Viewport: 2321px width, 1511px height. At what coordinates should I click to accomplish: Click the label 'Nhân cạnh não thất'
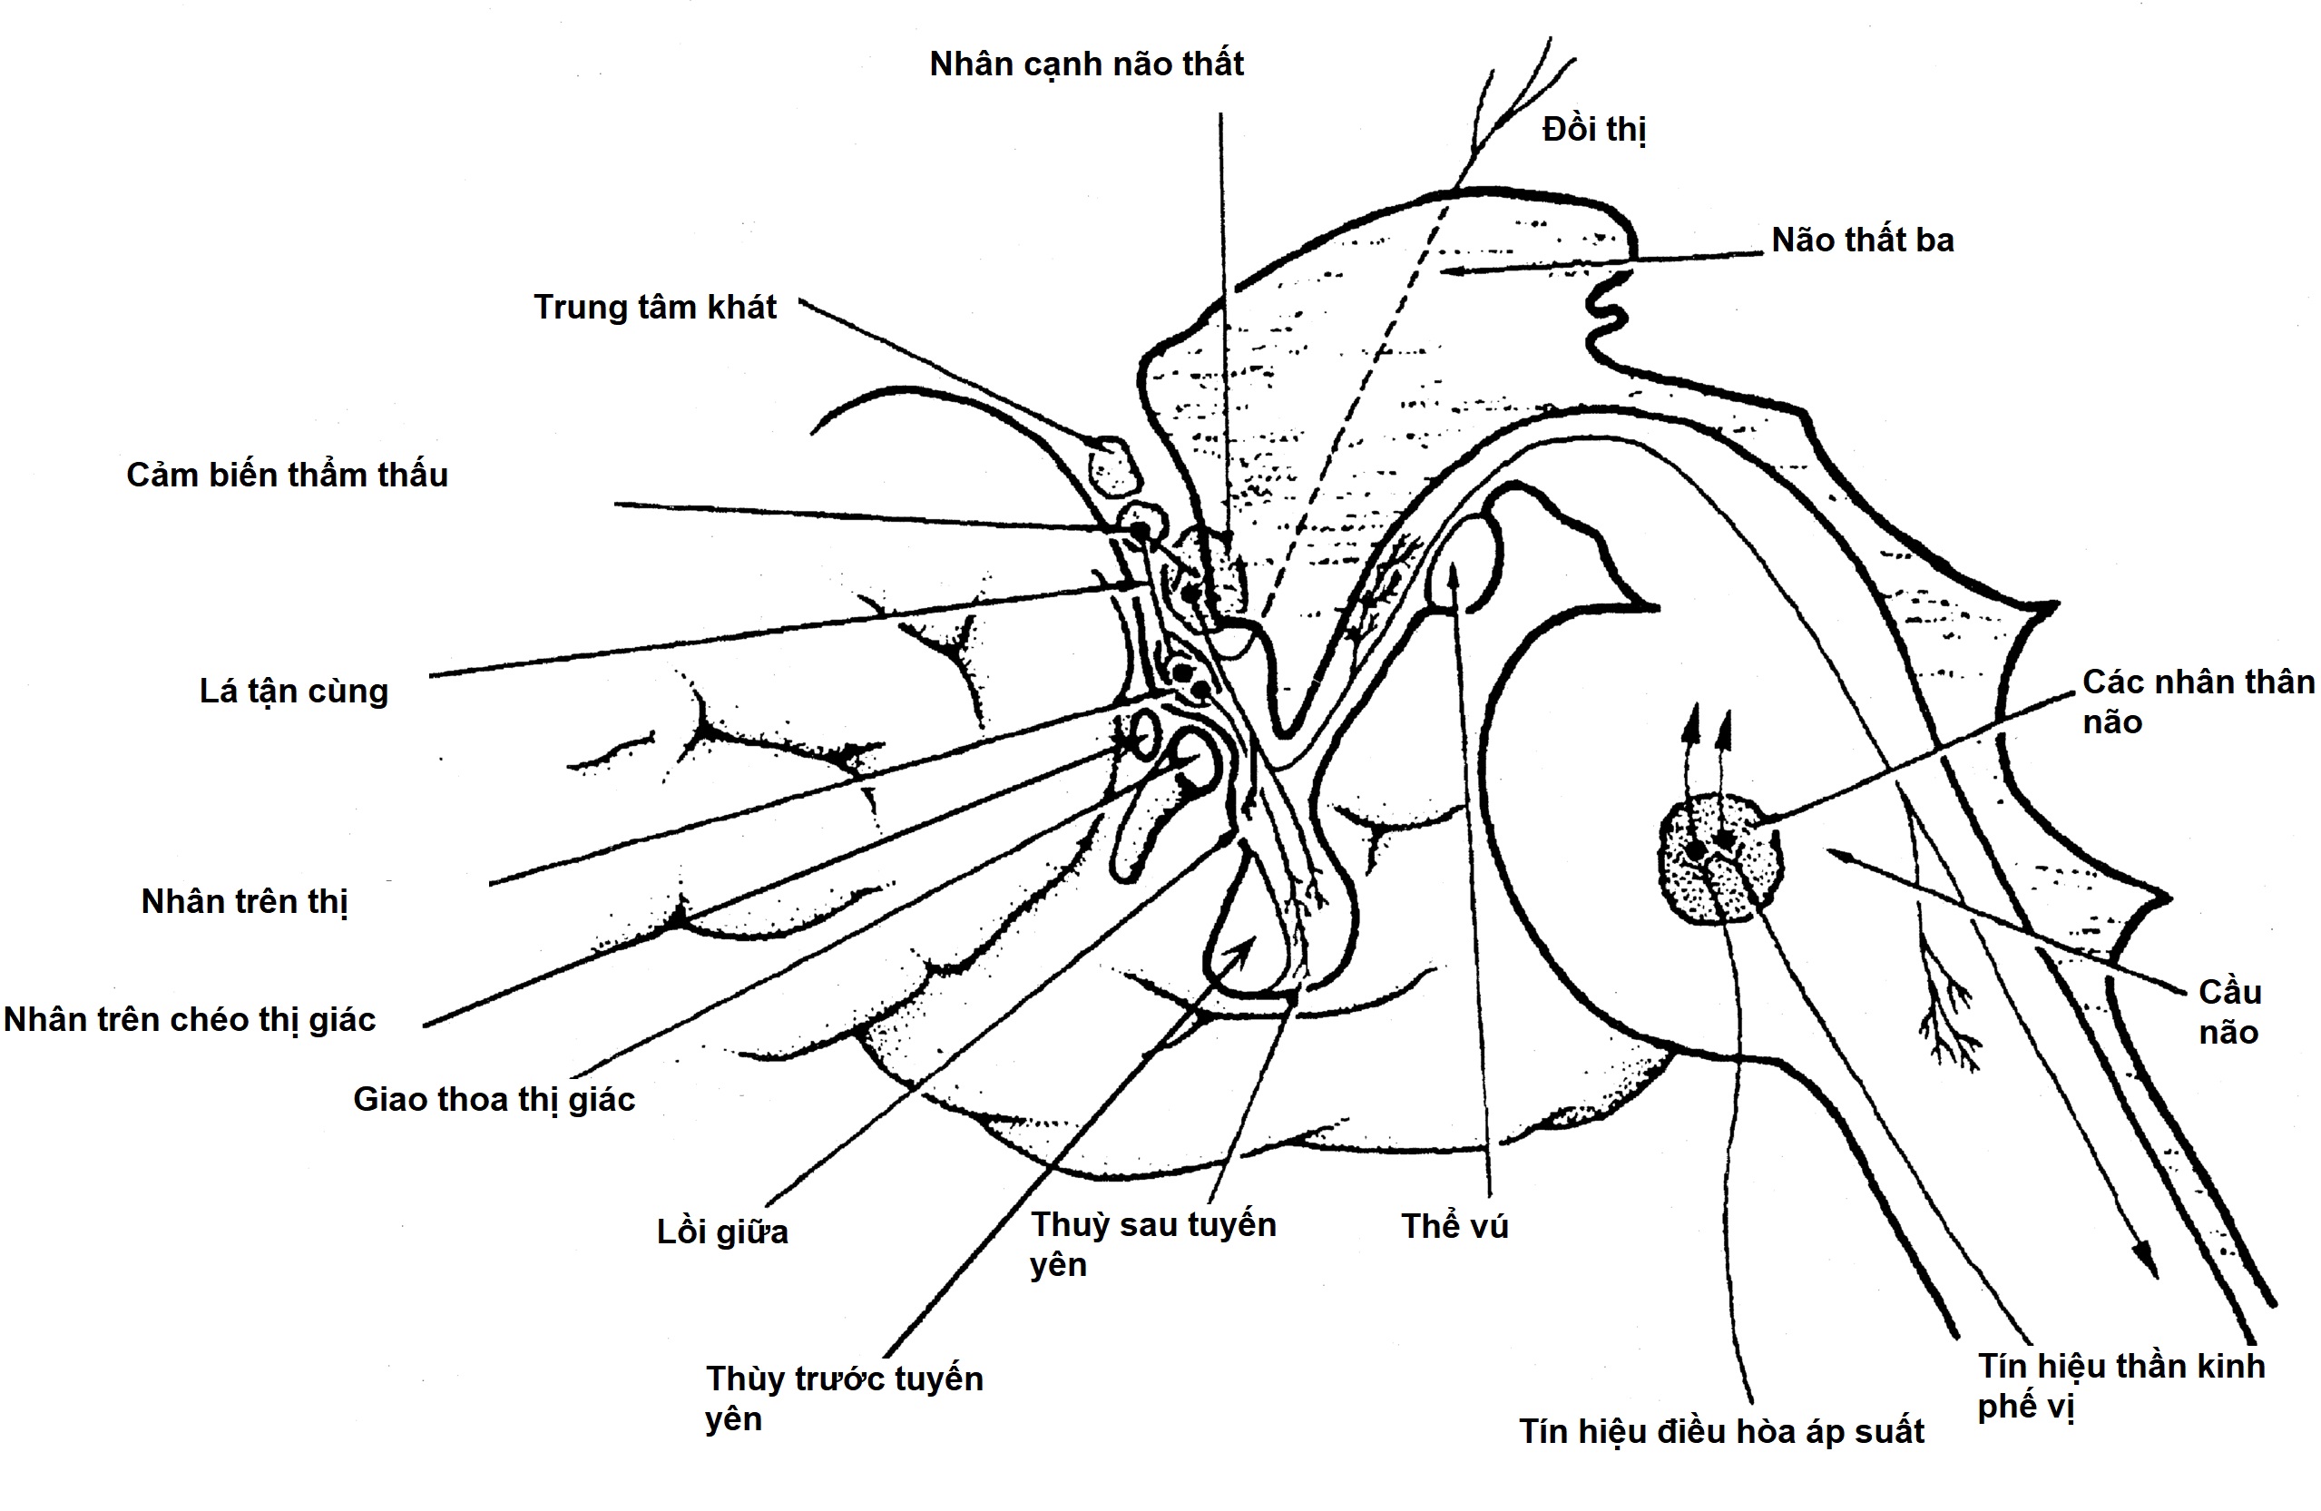tap(1086, 64)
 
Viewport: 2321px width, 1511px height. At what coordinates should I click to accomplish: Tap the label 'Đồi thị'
tap(1593, 129)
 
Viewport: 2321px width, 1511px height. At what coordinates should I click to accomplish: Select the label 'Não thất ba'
tap(1862, 240)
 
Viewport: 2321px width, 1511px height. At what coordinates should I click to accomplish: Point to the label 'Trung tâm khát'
tap(654, 308)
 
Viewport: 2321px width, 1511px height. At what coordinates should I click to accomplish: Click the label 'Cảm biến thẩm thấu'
tap(287, 475)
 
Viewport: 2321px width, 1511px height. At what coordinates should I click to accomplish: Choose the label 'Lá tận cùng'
tap(294, 692)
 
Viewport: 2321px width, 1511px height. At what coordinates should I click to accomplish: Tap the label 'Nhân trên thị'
tap(244, 901)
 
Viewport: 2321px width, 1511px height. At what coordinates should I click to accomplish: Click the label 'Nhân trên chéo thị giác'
tap(190, 1019)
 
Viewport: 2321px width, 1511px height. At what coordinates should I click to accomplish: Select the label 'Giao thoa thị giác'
tap(494, 1099)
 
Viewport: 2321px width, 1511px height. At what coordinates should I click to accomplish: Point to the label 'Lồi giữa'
tap(721, 1232)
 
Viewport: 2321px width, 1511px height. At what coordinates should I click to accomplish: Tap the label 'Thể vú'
tap(1454, 1226)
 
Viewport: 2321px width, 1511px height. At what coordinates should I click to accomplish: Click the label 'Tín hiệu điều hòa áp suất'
tap(1721, 1431)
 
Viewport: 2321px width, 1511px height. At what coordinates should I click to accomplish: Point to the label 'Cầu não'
tap(2229, 1012)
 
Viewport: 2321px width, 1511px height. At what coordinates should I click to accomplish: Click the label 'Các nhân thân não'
tap(2198, 702)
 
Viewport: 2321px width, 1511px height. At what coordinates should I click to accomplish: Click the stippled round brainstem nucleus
tap(1721, 859)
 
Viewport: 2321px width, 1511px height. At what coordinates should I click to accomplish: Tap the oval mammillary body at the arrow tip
tap(1463, 565)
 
